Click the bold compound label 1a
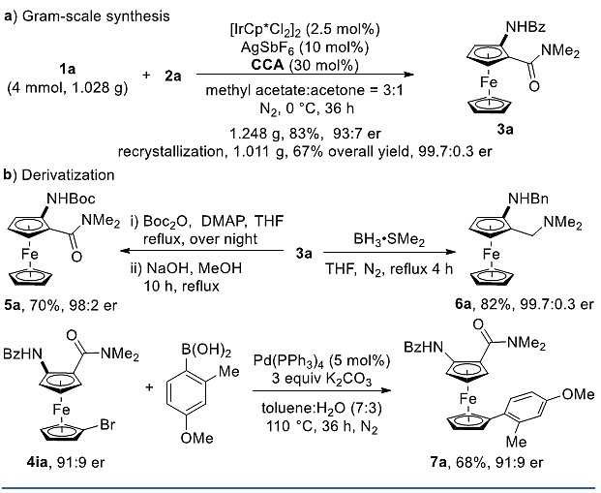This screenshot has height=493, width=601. tap(67, 70)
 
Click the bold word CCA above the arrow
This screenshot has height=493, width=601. tap(268, 65)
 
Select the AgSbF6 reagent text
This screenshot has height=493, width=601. tap(270, 47)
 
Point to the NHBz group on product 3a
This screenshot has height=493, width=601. tap(526, 27)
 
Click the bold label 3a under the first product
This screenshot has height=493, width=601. tap(505, 130)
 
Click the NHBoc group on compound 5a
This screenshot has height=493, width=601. tap(71, 199)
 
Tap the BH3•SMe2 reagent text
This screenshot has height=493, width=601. tap(389, 240)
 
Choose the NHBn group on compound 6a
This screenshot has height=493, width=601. tap(528, 199)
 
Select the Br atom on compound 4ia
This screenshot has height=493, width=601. tap(107, 425)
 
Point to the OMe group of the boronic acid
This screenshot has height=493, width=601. tap(197, 438)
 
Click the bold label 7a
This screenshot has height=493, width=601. tap(437, 462)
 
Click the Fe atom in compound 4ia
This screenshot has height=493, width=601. tap(61, 410)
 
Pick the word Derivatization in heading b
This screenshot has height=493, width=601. tap(68, 175)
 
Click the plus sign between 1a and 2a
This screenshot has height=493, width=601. tap(146, 75)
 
